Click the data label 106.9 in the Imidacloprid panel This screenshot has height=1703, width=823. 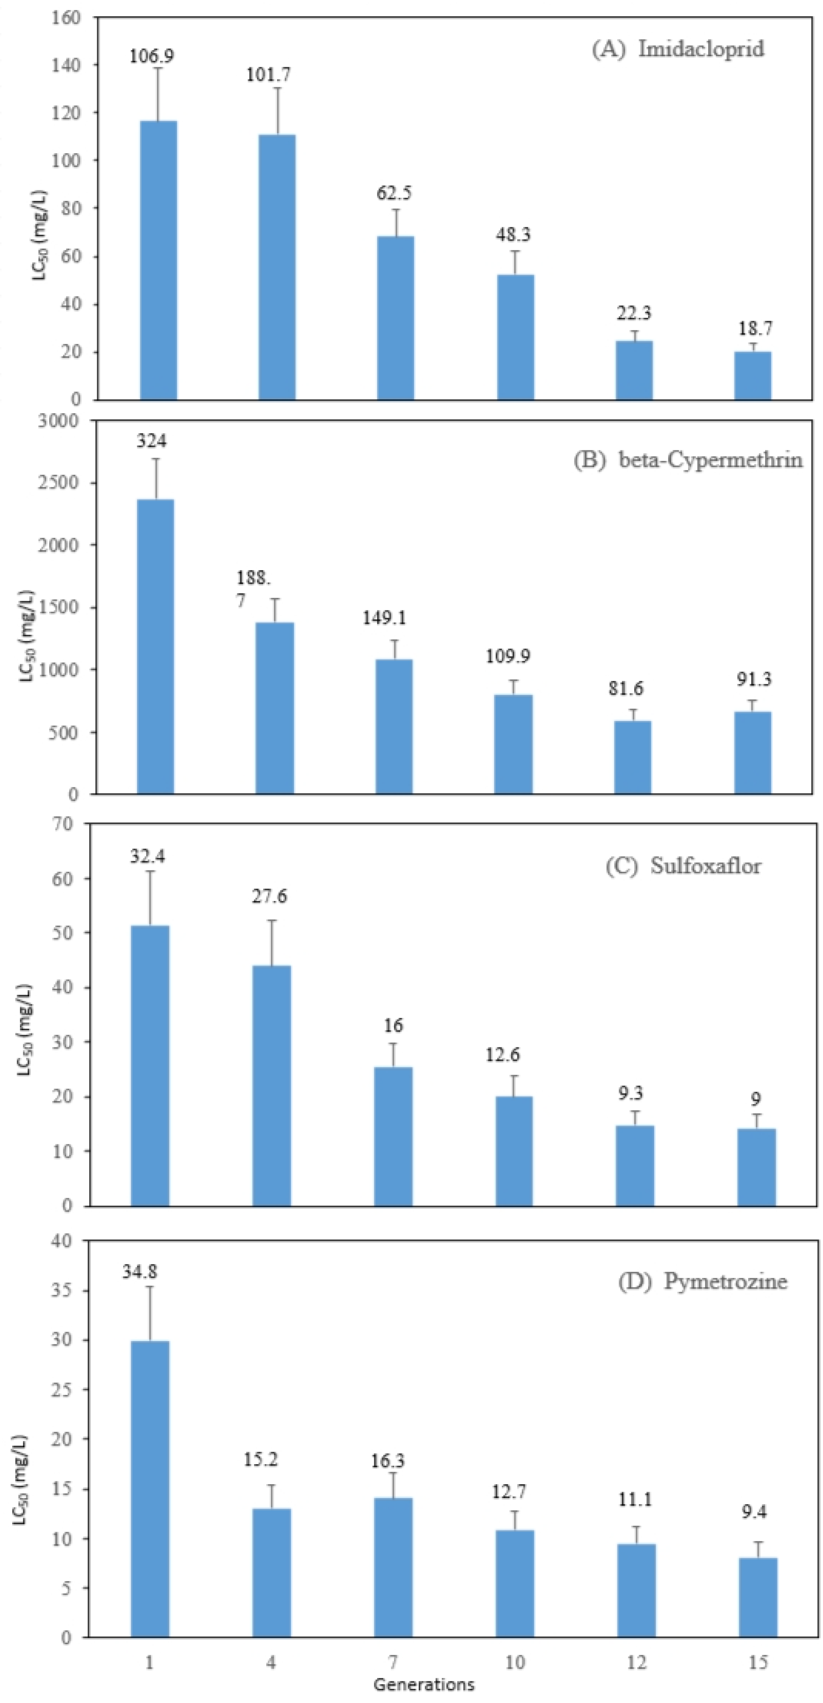coord(151,56)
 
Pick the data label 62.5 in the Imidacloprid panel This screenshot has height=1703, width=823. coord(394,193)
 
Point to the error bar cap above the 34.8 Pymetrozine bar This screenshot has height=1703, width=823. coord(150,1287)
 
